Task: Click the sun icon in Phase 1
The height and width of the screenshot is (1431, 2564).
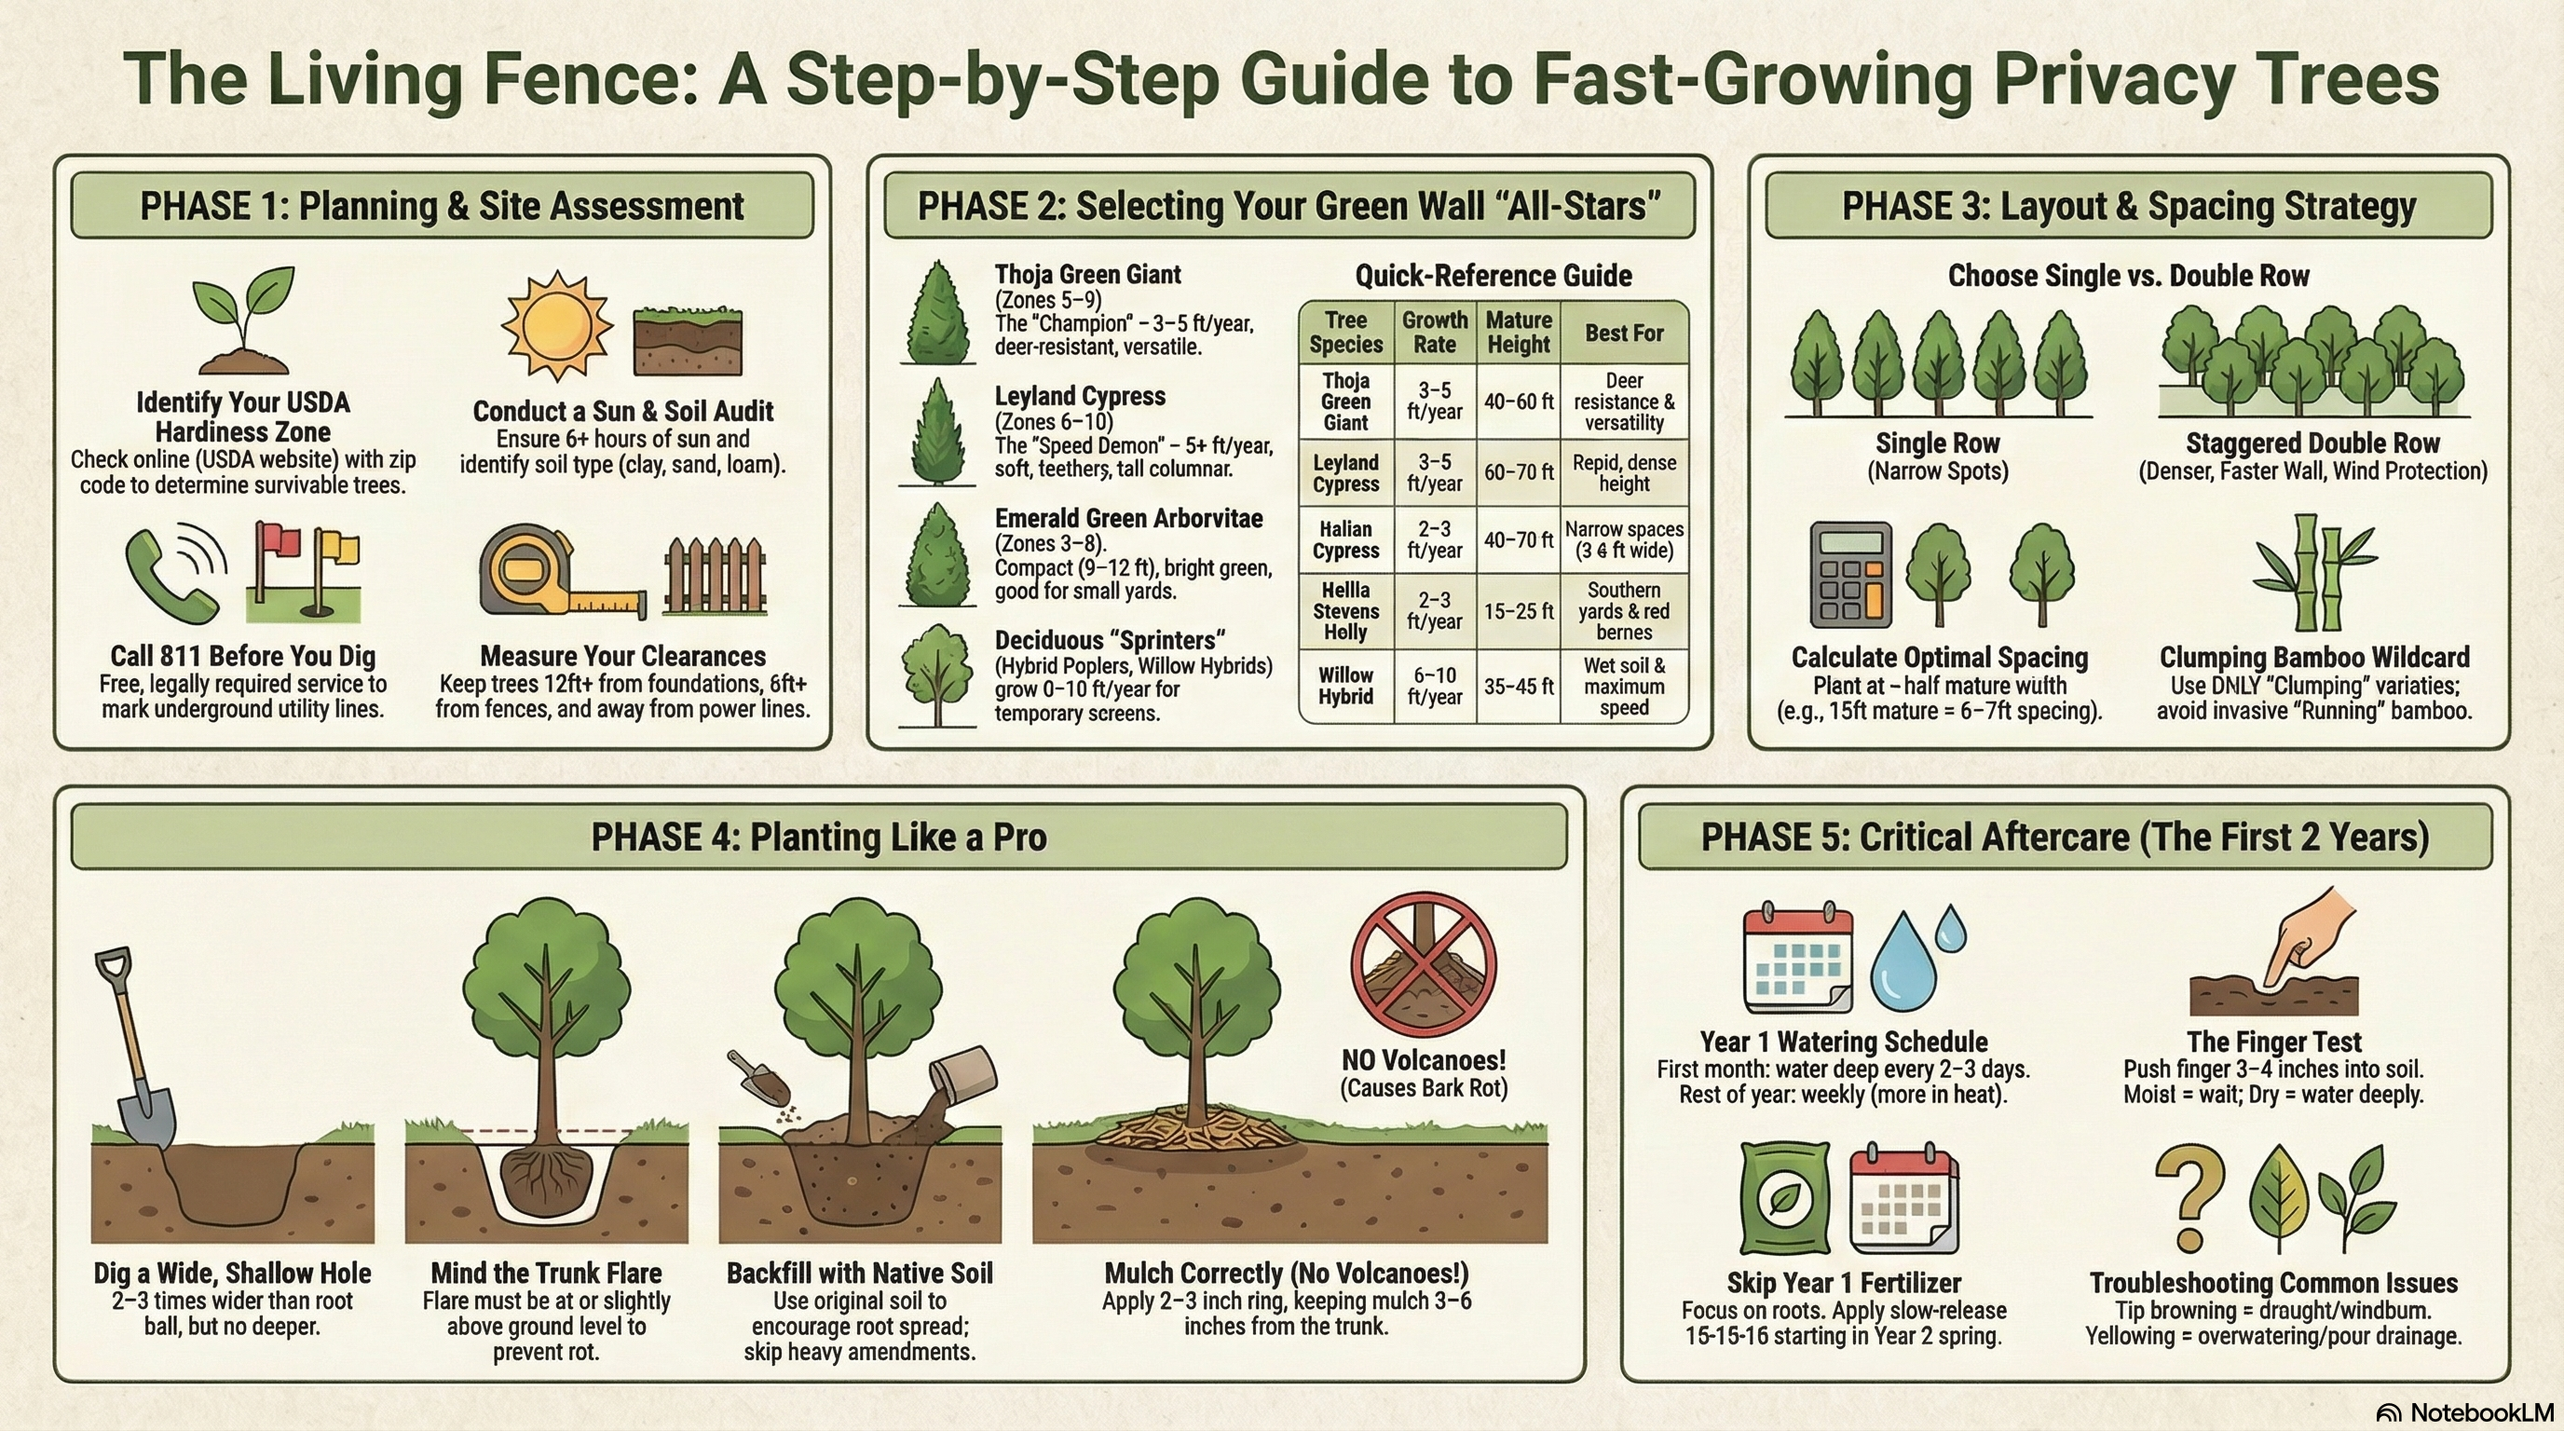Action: (556, 325)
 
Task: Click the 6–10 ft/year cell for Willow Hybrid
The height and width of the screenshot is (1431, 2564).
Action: (1434, 687)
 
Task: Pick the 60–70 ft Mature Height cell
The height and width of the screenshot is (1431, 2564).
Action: (1518, 472)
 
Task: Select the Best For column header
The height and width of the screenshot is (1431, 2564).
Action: (1623, 334)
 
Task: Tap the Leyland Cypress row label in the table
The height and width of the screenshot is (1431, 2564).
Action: (1345, 472)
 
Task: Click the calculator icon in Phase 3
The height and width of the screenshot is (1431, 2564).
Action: (1849, 574)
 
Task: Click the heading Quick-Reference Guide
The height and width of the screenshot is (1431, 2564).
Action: (1493, 276)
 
